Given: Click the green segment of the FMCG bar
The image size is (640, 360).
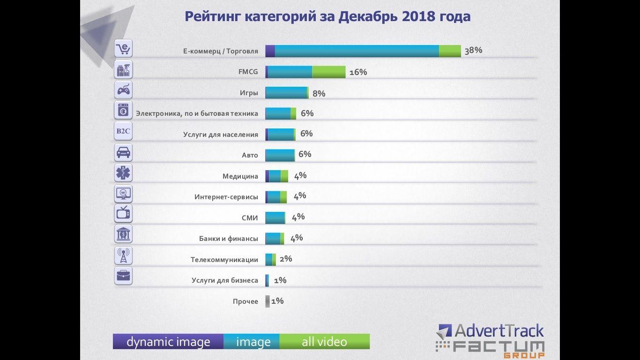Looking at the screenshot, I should coord(328,72).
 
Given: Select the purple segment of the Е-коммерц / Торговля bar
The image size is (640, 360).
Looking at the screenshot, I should coord(270,51).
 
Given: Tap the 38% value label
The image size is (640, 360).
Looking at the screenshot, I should coord(473,51).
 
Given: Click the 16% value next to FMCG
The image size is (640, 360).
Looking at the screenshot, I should coord(358,72).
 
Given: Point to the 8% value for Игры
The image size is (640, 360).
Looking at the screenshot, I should coord(319,93).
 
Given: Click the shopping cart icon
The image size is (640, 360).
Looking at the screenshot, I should coord(123,48).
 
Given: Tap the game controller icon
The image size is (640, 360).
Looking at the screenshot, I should coord(123,90).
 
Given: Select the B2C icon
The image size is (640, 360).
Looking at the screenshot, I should coord(123,131).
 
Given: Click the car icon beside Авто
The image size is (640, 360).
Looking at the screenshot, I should coord(123,152).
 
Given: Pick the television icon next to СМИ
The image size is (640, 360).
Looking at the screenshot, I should coord(123,214).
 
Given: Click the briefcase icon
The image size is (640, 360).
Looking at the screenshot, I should coord(123,276).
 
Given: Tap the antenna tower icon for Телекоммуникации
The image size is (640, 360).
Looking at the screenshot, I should coord(123,255).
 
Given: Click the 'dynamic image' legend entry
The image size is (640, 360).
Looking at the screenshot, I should coord(168,342).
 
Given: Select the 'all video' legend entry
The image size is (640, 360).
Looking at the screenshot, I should coord(324,342).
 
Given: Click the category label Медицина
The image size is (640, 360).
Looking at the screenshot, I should coord(240,177).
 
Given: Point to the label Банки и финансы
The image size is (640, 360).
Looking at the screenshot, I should coord(228,239).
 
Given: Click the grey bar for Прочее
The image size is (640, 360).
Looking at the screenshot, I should coord(268,301).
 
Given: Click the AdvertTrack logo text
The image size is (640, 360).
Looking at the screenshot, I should coord(499,331).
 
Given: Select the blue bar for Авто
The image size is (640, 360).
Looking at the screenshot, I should coord(280,155).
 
